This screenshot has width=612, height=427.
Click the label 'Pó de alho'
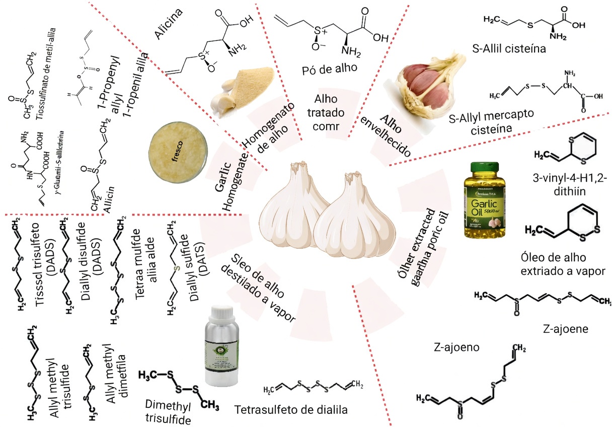pos(326,66)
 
